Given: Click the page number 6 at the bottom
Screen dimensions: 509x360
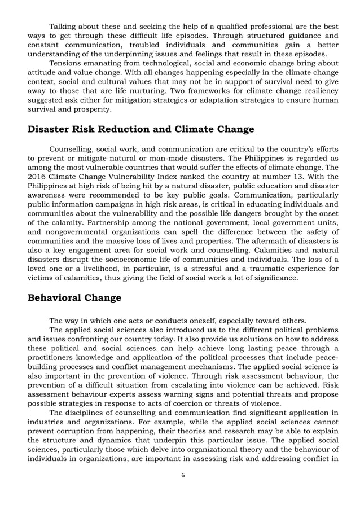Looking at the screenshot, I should pyautogui.click(x=183, y=475).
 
